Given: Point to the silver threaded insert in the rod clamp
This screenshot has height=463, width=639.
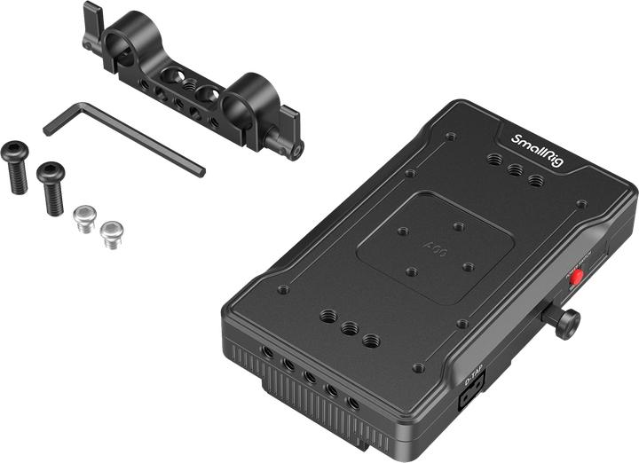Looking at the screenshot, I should (192, 85).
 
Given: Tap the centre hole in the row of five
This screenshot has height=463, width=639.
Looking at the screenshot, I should (311, 377).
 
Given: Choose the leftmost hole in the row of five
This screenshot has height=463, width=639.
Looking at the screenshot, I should (267, 352).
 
